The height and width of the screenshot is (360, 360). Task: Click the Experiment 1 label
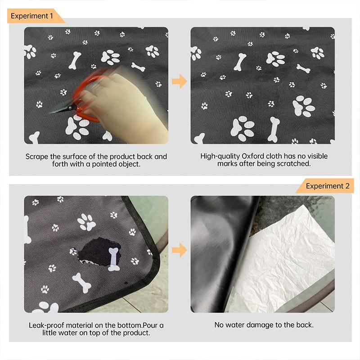tap(32, 16)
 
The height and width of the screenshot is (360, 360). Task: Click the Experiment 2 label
tap(327, 186)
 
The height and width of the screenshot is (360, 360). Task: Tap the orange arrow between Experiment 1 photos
tap(179, 81)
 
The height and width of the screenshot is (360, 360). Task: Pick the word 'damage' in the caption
tap(267, 325)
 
